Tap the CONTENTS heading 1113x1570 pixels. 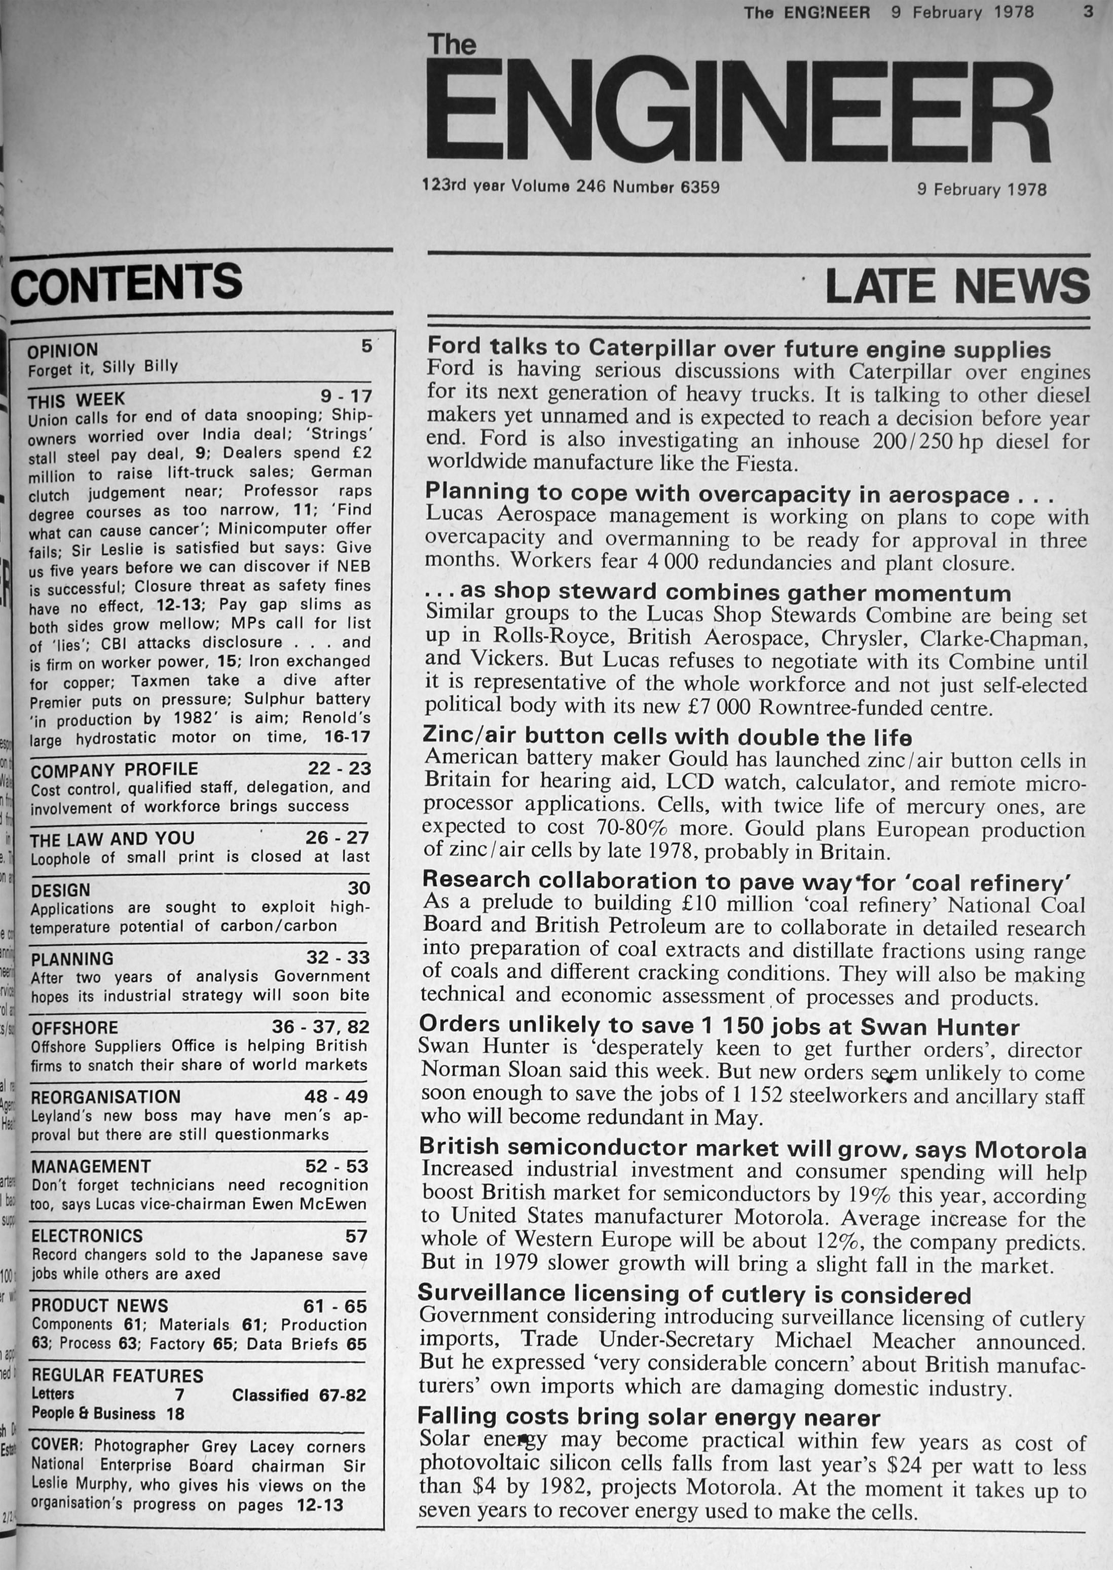point(128,282)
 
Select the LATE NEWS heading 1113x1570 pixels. point(957,285)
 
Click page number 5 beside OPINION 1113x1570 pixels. point(366,346)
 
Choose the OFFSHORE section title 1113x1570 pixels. point(75,1028)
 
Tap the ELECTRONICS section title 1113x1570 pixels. point(87,1235)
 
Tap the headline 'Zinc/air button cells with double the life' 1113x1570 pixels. point(667,736)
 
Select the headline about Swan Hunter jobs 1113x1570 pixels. point(719,1026)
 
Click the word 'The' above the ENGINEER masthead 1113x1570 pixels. point(452,45)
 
